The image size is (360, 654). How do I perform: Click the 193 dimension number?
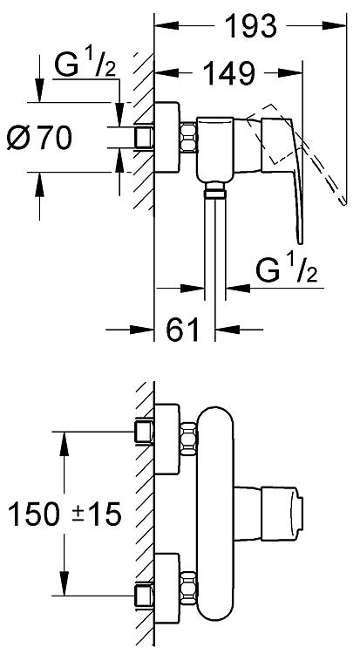pyautogui.click(x=250, y=26)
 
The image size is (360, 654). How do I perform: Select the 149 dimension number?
pyautogui.click(x=228, y=73)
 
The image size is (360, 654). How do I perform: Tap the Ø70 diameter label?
pyautogui.click(x=39, y=138)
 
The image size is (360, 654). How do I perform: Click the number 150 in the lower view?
pyautogui.click(x=33, y=514)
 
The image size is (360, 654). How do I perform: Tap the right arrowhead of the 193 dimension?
pyautogui.click(x=336, y=26)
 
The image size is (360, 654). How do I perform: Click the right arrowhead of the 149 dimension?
pyautogui.click(x=291, y=73)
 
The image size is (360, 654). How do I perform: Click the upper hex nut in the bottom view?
pyautogui.click(x=188, y=437)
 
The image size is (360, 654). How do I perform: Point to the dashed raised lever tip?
pyautogui.click(x=343, y=201)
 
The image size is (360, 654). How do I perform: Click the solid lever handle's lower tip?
pyautogui.click(x=299, y=240)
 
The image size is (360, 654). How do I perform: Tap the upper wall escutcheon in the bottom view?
pyautogui.click(x=167, y=439)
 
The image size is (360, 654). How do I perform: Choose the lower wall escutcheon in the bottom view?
pyautogui.click(x=167, y=589)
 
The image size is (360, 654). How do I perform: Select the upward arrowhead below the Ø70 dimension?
pyautogui.click(x=39, y=183)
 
